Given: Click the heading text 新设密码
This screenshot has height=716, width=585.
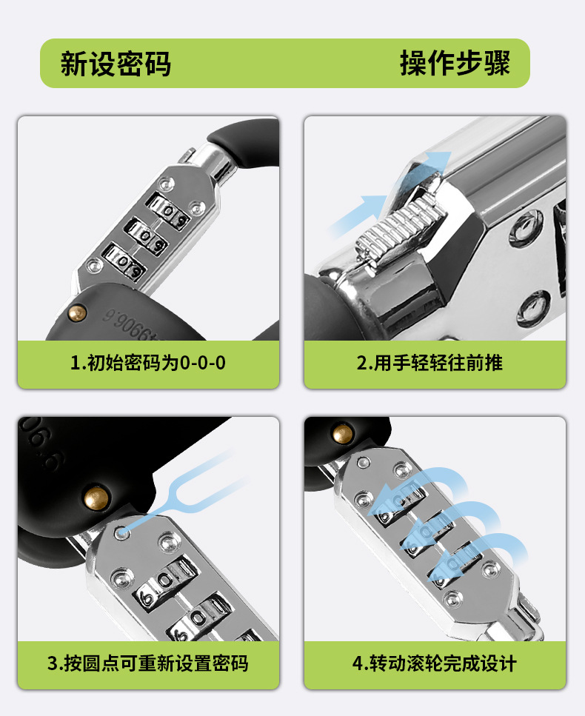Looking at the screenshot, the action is pyautogui.click(x=116, y=64).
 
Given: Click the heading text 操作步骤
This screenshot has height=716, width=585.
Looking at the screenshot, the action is pyautogui.click(x=455, y=63).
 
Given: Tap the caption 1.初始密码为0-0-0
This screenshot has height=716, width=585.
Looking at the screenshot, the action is pyautogui.click(x=148, y=363).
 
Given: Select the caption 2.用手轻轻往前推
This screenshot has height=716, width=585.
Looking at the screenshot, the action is pyautogui.click(x=429, y=363).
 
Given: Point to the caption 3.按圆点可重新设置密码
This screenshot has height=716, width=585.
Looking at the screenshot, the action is pyautogui.click(x=148, y=663).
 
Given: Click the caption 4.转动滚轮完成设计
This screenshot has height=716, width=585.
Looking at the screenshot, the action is pyautogui.click(x=434, y=663).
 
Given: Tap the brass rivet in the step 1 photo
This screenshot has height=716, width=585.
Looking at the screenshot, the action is pyautogui.click(x=77, y=313).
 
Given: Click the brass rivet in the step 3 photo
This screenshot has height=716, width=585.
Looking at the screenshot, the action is pyautogui.click(x=96, y=498).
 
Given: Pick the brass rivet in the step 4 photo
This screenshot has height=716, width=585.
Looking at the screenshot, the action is pyautogui.click(x=343, y=434).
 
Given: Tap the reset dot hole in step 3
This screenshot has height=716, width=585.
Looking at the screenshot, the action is pyautogui.click(x=121, y=532).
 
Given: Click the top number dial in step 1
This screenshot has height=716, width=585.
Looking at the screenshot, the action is pyautogui.click(x=167, y=209).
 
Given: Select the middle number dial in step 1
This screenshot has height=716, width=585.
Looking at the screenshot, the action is pyautogui.click(x=147, y=235).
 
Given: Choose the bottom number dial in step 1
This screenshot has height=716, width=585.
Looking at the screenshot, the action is pyautogui.click(x=124, y=261).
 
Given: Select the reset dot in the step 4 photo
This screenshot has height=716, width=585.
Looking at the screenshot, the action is pyautogui.click(x=364, y=463).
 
